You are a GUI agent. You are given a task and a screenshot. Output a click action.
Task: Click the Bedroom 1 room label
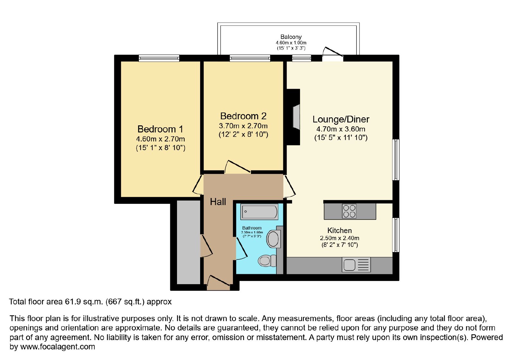tap(160, 129)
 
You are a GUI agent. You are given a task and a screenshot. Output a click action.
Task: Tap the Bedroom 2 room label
tap(243, 116)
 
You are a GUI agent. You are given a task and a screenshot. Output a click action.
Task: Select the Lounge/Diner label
tap(341, 119)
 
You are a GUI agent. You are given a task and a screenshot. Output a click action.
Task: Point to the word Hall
tap(218, 202)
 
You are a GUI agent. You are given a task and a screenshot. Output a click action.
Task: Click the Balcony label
tap(291, 37)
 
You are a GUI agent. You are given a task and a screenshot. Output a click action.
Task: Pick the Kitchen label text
tap(339, 230)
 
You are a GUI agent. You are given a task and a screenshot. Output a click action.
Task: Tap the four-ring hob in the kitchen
tap(349, 211)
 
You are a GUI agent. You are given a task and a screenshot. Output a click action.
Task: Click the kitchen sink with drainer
tap(356, 265)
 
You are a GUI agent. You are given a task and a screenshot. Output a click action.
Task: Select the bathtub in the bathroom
tap(259, 212)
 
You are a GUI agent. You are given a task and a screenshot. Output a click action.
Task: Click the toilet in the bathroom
tap(267, 261)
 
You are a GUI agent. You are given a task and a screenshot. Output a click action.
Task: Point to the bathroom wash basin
tap(273, 239)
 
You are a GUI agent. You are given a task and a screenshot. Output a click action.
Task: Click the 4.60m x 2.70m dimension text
tap(160, 139)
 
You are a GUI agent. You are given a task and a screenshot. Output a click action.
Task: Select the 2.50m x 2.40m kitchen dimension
tap(340, 238)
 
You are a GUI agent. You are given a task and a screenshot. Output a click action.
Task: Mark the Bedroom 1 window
tap(159, 58)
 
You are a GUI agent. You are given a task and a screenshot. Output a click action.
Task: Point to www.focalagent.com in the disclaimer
tap(58, 346)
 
